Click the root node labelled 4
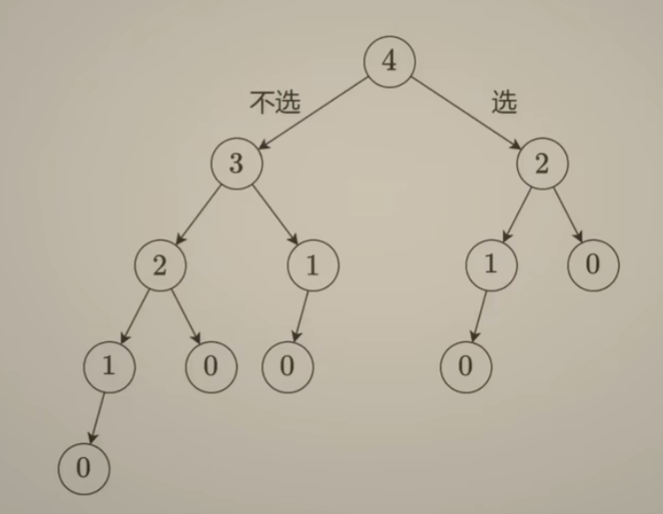(389, 62)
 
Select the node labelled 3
(236, 164)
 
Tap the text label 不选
(275, 102)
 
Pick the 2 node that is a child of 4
(542, 164)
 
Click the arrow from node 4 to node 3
(312, 112)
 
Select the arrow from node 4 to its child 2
(466, 112)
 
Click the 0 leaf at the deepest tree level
(83, 467)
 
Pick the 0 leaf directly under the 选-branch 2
(593, 264)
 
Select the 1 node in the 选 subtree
(491, 264)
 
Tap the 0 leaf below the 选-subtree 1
(466, 365)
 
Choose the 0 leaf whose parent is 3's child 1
(286, 365)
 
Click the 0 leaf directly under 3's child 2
(209, 365)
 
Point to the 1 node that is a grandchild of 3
(108, 365)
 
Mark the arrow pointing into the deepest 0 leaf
(96, 416)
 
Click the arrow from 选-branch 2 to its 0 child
(568, 214)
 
